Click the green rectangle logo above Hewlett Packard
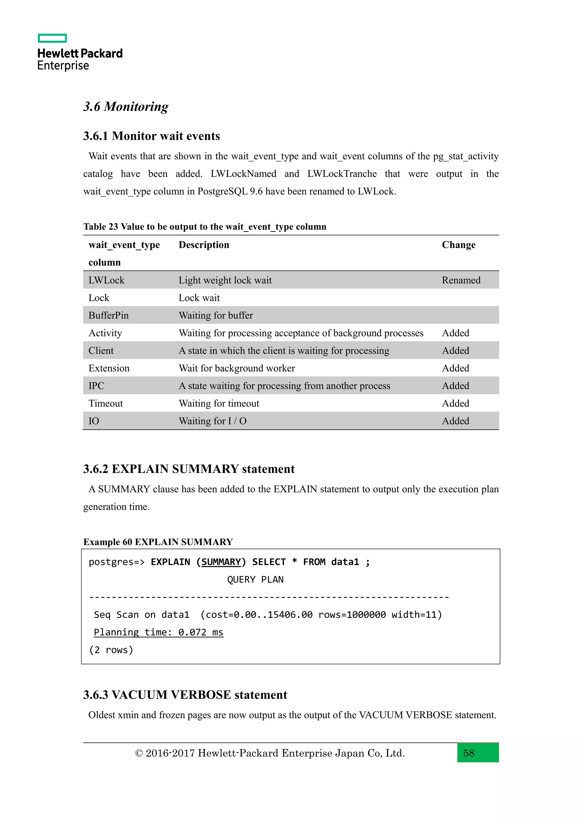(52, 38)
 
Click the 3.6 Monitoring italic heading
(126, 107)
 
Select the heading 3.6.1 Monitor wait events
(151, 136)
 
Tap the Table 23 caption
(205, 226)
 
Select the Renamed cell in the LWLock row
(461, 280)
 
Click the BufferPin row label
(108, 315)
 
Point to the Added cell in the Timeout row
(455, 403)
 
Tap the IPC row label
(96, 386)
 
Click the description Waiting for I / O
(213, 421)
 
